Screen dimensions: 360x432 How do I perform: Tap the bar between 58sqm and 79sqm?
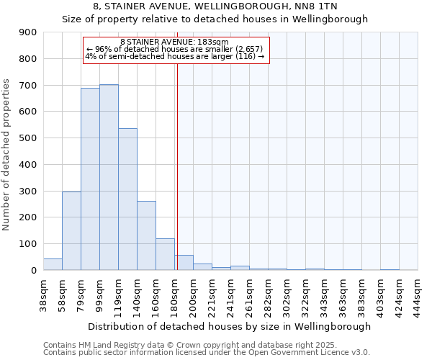[x=71, y=230]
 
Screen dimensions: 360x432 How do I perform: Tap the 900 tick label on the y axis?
[x=28, y=32]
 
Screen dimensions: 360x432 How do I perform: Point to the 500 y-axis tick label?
[x=28, y=138]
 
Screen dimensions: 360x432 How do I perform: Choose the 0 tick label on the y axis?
[x=34, y=271]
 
